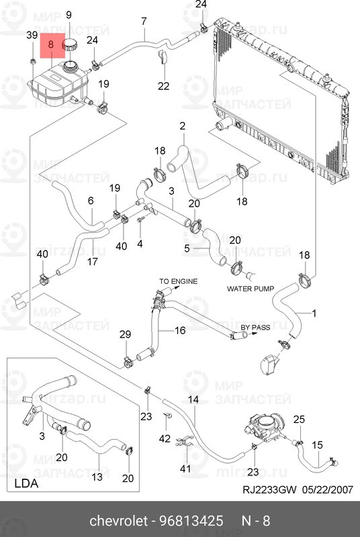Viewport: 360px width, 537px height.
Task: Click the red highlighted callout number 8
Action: (x=51, y=44)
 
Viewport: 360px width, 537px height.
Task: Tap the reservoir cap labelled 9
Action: (x=70, y=45)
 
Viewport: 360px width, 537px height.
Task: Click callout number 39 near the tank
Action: (x=32, y=35)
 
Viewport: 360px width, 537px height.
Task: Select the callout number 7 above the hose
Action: (x=144, y=21)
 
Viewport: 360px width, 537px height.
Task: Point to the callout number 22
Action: (x=164, y=86)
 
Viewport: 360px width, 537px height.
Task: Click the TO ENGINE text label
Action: (x=179, y=281)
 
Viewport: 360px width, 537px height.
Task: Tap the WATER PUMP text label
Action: (x=251, y=289)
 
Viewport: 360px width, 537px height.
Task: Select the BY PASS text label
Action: (x=255, y=327)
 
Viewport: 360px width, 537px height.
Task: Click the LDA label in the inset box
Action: (x=26, y=483)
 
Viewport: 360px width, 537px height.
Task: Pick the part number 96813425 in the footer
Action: (x=191, y=521)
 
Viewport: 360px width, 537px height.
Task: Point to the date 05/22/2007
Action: (x=328, y=490)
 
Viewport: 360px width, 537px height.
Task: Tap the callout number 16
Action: (x=180, y=330)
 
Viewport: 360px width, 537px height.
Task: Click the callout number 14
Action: (x=193, y=399)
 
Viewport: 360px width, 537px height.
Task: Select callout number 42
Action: (x=165, y=438)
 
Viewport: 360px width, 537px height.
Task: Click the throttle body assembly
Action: (x=265, y=428)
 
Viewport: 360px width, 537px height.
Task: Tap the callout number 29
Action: (x=126, y=334)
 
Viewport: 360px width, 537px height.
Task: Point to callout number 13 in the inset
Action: (x=97, y=477)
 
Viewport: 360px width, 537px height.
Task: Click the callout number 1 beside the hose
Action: (x=314, y=313)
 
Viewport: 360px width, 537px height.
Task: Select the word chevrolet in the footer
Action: (x=118, y=521)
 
